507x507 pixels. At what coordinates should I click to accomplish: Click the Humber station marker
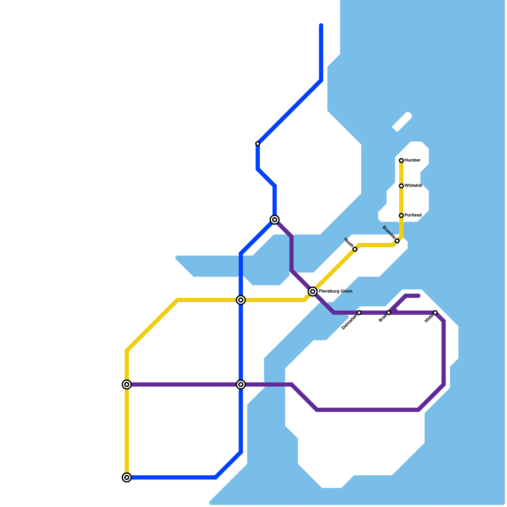click(x=401, y=161)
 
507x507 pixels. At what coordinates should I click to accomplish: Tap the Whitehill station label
click(x=413, y=186)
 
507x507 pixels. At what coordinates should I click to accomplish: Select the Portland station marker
click(x=401, y=215)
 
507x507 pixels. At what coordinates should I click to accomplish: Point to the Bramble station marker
click(x=397, y=241)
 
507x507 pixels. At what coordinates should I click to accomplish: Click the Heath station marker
click(x=355, y=249)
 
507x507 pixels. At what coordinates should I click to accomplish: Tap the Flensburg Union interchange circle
click(x=313, y=292)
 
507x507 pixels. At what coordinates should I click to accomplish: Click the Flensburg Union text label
click(x=336, y=291)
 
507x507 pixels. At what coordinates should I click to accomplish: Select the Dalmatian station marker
click(x=359, y=313)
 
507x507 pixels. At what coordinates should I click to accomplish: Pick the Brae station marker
click(x=388, y=313)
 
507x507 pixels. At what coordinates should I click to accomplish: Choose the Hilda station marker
click(x=435, y=313)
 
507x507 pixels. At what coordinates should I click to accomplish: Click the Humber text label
click(x=412, y=160)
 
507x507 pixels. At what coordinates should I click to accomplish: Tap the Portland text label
click(x=413, y=215)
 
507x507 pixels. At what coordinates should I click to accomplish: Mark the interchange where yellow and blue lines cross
click(x=241, y=300)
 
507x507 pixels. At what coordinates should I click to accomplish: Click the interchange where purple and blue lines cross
click(x=241, y=384)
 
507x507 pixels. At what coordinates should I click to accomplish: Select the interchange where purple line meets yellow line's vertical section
click(x=127, y=384)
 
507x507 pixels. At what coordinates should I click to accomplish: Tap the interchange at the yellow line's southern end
click(x=127, y=477)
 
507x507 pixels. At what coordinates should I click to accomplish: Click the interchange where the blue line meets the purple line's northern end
click(x=275, y=220)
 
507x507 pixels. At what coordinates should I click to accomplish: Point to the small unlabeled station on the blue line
click(x=258, y=144)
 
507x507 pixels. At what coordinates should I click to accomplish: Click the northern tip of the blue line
click(x=321, y=25)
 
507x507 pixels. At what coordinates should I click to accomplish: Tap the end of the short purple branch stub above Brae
click(x=419, y=296)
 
